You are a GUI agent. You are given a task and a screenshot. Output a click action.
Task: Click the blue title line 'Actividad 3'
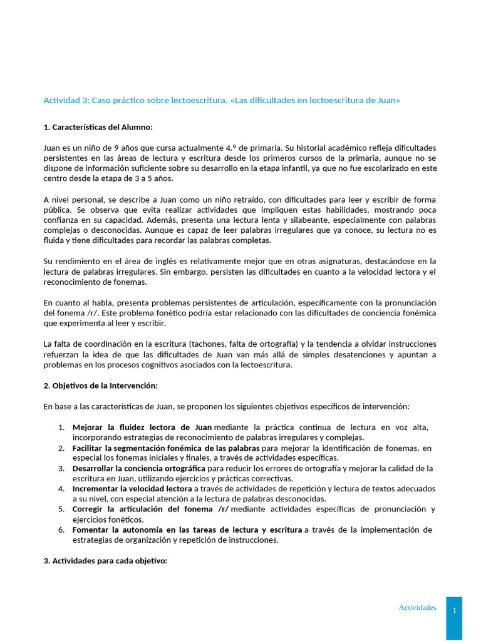point(221,100)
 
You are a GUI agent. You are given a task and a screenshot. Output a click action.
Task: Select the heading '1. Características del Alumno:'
point(98,127)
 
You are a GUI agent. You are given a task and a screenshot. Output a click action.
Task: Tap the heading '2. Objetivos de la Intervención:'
point(100,385)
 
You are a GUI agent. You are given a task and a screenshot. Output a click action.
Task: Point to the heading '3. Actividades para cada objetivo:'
point(105,560)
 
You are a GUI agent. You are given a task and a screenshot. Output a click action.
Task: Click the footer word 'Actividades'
point(417,607)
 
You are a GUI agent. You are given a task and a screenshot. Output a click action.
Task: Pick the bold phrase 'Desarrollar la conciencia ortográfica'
point(138,468)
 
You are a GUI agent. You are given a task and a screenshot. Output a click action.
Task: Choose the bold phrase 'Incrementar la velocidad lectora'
point(132,488)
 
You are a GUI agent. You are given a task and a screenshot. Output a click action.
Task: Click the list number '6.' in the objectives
point(62,530)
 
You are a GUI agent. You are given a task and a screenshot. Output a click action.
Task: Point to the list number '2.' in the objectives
point(62,448)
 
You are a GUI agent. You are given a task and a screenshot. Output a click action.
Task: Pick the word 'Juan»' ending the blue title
point(386,100)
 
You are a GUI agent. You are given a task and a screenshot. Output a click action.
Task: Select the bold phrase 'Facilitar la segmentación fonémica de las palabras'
point(165,448)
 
